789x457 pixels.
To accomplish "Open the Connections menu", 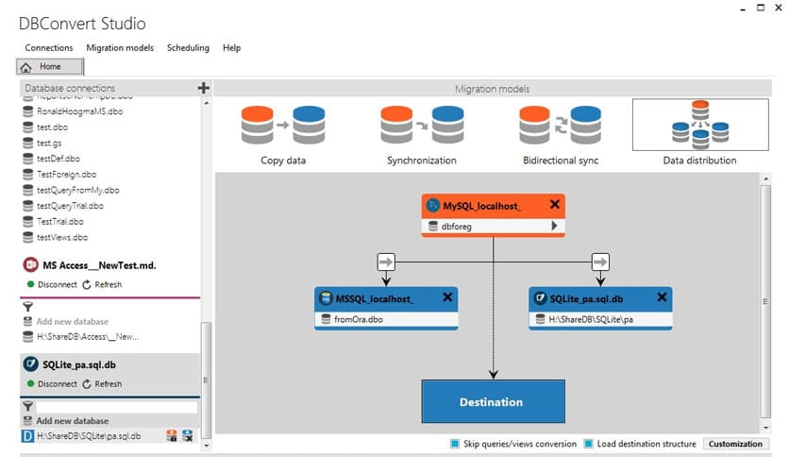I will coord(48,47).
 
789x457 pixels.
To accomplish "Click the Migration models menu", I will coord(119,47).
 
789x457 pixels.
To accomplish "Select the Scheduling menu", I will coord(188,47).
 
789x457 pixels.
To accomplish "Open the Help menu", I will coord(231,47).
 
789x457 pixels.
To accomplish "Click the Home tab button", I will coord(50,67).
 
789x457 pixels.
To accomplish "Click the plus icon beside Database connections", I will coord(203,88).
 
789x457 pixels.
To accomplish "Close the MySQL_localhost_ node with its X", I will coord(555,204).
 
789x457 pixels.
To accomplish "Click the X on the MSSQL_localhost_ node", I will coord(447,297).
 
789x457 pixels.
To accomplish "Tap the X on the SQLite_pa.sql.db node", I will coord(662,297).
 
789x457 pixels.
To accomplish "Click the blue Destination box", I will coord(492,401).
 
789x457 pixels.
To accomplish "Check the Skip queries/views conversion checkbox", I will coord(455,444).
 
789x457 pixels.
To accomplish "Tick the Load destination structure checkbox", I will coord(588,444).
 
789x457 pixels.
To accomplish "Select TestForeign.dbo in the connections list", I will coord(66,175).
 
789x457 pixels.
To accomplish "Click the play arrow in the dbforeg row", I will coord(555,227).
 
